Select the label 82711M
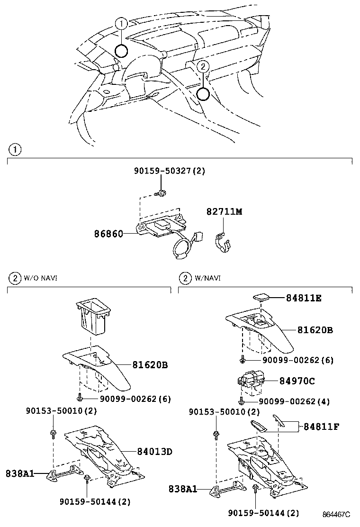(x=224, y=212)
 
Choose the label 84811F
(x=321, y=426)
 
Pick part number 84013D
(x=154, y=452)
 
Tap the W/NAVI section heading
(x=207, y=278)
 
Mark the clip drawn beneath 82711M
(x=224, y=241)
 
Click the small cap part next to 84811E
(x=261, y=297)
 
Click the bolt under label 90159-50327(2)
(x=162, y=193)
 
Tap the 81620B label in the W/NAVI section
(x=315, y=330)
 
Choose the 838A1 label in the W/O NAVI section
(x=20, y=473)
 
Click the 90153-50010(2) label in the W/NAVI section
(x=225, y=412)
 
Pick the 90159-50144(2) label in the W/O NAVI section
(x=95, y=501)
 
